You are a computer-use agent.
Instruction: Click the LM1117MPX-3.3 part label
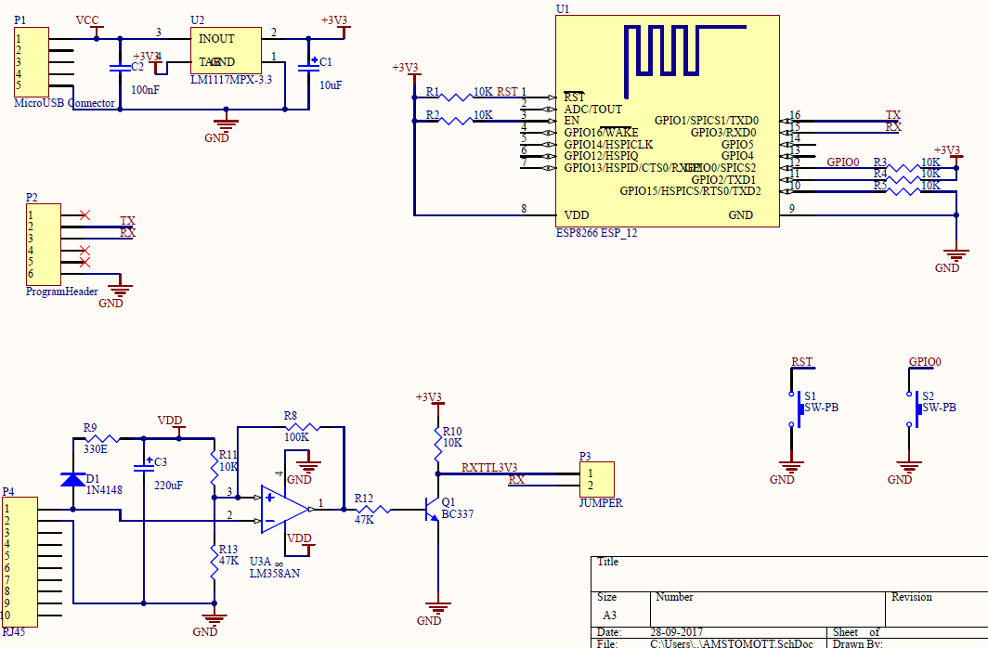[231, 80]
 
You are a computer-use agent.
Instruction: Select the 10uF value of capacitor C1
[331, 84]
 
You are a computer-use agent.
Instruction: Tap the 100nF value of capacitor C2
[145, 90]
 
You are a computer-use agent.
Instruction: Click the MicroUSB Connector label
[65, 103]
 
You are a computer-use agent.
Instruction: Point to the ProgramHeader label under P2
[62, 292]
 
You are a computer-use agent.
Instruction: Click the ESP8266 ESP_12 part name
[596, 233]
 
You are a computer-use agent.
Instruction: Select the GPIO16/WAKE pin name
[601, 133]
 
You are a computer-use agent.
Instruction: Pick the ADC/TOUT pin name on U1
[593, 109]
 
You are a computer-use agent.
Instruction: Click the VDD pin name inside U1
[577, 214]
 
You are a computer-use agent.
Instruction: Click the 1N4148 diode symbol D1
[72, 479]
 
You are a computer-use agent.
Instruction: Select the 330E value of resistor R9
[96, 449]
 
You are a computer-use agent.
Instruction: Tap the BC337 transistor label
[457, 514]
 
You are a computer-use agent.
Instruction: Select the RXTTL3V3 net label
[489, 468]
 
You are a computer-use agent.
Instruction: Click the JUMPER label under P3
[601, 503]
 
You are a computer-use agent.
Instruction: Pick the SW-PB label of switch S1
[821, 408]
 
